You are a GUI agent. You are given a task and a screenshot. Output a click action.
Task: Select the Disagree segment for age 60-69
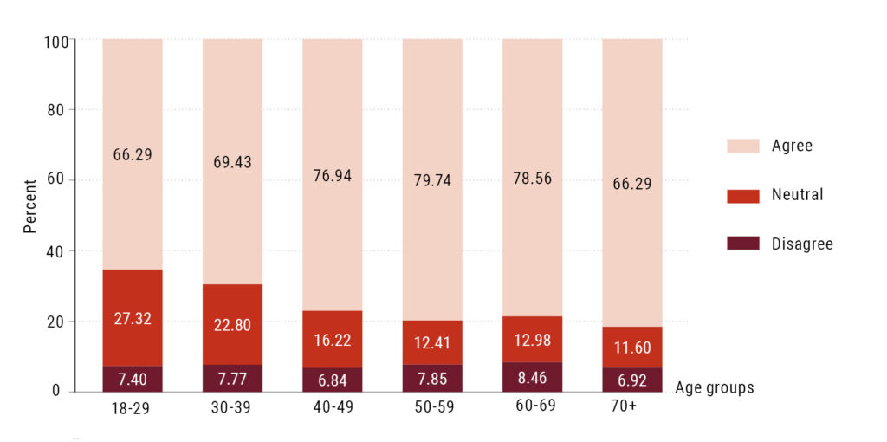pos(532,377)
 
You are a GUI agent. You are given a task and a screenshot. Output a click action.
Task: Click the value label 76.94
pos(332,176)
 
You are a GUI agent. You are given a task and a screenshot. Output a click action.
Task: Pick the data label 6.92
pos(632,380)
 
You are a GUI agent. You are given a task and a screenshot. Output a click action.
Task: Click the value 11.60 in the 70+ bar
pos(632,347)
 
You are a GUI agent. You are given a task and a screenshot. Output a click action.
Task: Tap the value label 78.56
pos(532,178)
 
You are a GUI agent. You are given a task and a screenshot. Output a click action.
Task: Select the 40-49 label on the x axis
pos(332,406)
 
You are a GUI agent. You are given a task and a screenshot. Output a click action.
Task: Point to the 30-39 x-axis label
pos(232,406)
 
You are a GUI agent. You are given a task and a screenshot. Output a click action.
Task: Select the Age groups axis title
pos(715,387)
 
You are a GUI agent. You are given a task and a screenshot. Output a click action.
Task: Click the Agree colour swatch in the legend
pos(742,146)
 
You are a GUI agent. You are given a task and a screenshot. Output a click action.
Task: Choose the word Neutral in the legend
pos(797,195)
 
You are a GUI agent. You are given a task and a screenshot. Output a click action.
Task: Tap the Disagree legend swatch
pos(742,244)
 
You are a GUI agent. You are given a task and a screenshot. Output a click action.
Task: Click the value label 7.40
pos(133,380)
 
